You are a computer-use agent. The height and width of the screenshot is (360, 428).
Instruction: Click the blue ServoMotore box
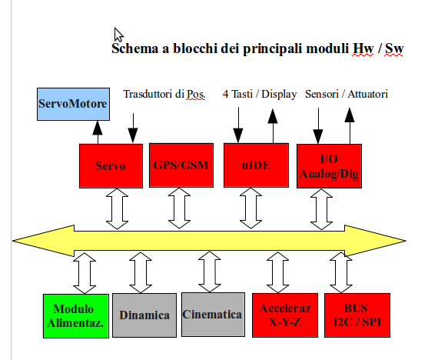tap(73, 104)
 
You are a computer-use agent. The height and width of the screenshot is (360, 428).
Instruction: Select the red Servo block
tap(111, 166)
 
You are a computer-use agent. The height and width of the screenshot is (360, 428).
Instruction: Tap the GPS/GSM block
tap(181, 165)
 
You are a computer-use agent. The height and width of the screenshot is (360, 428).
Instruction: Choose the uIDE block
tap(256, 165)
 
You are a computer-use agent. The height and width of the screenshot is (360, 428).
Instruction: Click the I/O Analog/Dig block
tap(329, 166)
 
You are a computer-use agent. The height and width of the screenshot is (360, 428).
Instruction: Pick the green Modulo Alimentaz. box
tap(76, 316)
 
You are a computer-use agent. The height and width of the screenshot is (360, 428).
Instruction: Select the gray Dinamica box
tap(144, 315)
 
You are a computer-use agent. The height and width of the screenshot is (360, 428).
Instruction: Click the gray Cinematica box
tap(213, 315)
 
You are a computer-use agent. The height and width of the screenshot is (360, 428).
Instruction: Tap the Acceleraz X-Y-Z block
tap(285, 315)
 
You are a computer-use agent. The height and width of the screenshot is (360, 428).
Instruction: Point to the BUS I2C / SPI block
tap(357, 315)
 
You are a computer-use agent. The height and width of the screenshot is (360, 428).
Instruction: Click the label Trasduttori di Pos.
tap(164, 95)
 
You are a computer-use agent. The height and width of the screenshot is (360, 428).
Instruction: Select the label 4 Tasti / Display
tap(260, 95)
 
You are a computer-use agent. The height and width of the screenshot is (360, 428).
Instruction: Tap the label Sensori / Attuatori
tap(347, 95)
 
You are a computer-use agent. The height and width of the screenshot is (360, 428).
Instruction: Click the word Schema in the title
tap(134, 48)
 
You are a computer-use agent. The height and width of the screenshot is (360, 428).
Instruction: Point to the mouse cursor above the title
tap(118, 35)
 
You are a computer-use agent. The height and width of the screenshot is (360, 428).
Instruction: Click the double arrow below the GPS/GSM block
tap(179, 208)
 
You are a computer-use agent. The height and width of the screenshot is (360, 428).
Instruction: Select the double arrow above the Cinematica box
tap(210, 272)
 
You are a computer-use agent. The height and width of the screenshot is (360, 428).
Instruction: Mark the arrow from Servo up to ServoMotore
tap(98, 132)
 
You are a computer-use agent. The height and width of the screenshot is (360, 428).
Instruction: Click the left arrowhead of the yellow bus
tap(43, 241)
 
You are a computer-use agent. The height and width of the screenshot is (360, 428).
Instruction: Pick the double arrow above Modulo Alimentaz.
tap(85, 273)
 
